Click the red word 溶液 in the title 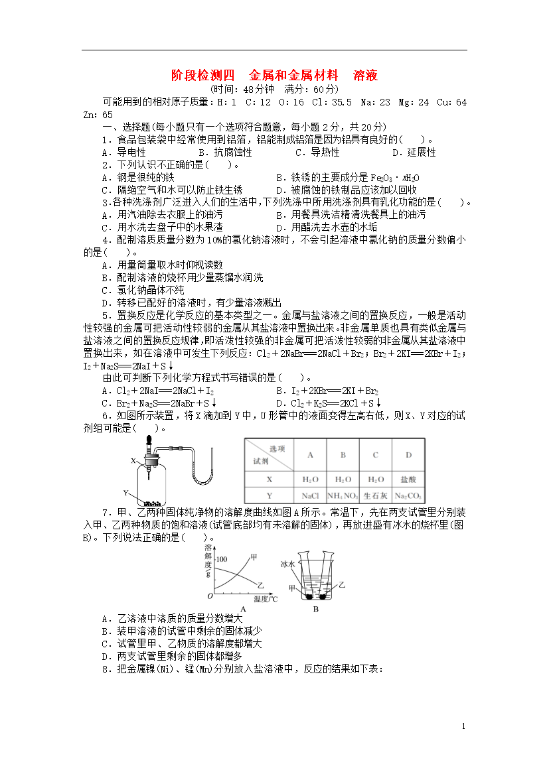click(366, 76)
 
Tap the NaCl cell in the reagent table click(310, 495)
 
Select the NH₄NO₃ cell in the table click(343, 495)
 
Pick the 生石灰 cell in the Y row click(376, 495)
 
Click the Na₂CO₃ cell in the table click(409, 495)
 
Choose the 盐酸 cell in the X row click(409, 479)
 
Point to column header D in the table click(409, 455)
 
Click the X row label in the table click(270, 479)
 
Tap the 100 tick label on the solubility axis click(221, 559)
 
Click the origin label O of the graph click(208, 598)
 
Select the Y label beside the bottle click(125, 493)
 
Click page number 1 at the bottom click(464, 727)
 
